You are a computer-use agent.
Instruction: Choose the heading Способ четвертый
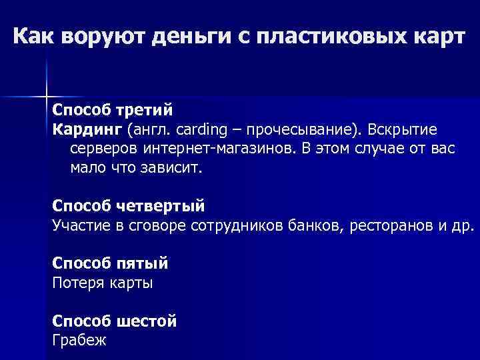(129, 205)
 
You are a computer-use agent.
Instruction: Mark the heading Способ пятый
(110, 263)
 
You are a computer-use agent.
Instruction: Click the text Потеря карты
(103, 283)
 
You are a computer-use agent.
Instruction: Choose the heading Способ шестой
(115, 321)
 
